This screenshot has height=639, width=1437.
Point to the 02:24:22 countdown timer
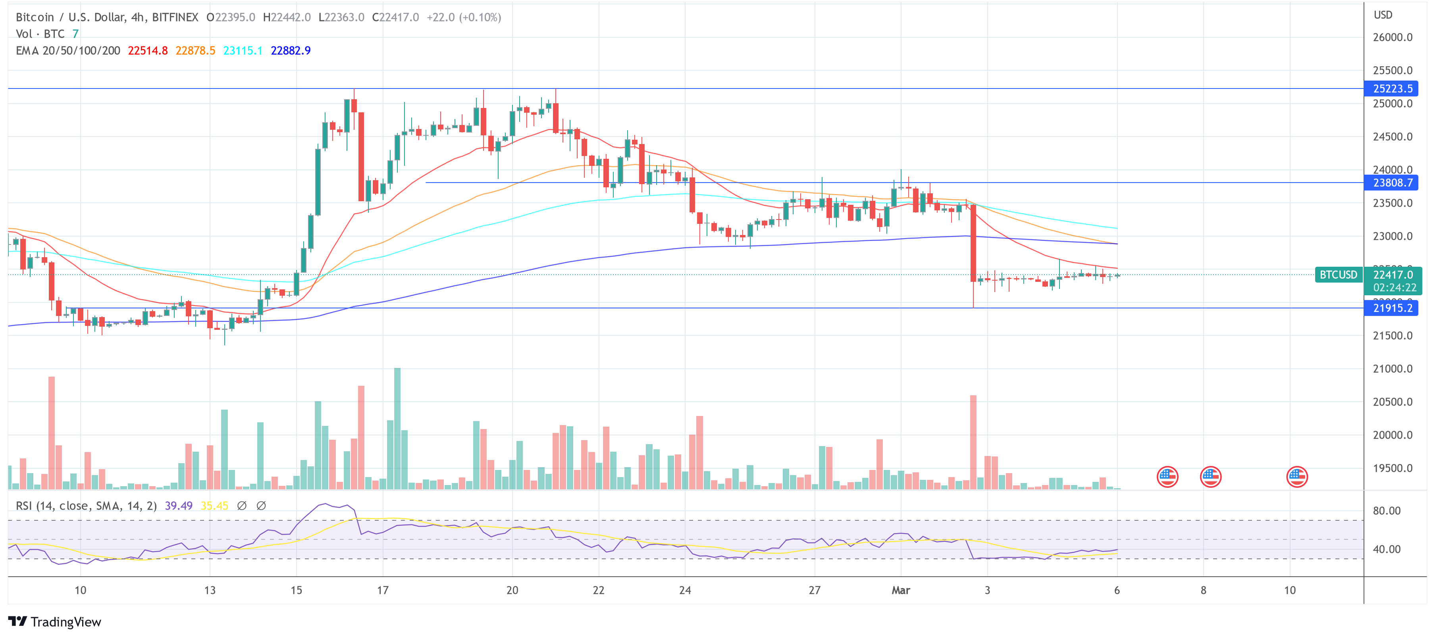1394,288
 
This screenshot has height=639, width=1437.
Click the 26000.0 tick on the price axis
1393,37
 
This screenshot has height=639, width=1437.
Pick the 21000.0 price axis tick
1393,369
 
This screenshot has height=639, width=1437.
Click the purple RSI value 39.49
179,506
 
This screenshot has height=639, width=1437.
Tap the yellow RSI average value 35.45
214,506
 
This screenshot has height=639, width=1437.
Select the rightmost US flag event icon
1296,477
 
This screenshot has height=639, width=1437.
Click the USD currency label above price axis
1383,15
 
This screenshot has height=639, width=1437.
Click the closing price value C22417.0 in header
395,17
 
